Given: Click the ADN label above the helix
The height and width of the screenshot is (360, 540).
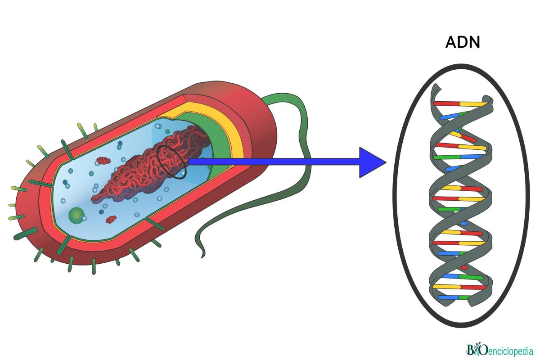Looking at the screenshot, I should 463,42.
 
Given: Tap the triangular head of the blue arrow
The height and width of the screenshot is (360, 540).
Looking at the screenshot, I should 371,162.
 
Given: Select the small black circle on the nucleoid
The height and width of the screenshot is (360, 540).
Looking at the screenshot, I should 171,162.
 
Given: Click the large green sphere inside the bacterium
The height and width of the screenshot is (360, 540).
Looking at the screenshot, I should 76,215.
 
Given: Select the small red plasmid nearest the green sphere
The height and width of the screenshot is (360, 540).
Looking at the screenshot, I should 111,219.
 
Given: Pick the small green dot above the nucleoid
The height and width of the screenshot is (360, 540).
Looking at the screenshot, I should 167,131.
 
